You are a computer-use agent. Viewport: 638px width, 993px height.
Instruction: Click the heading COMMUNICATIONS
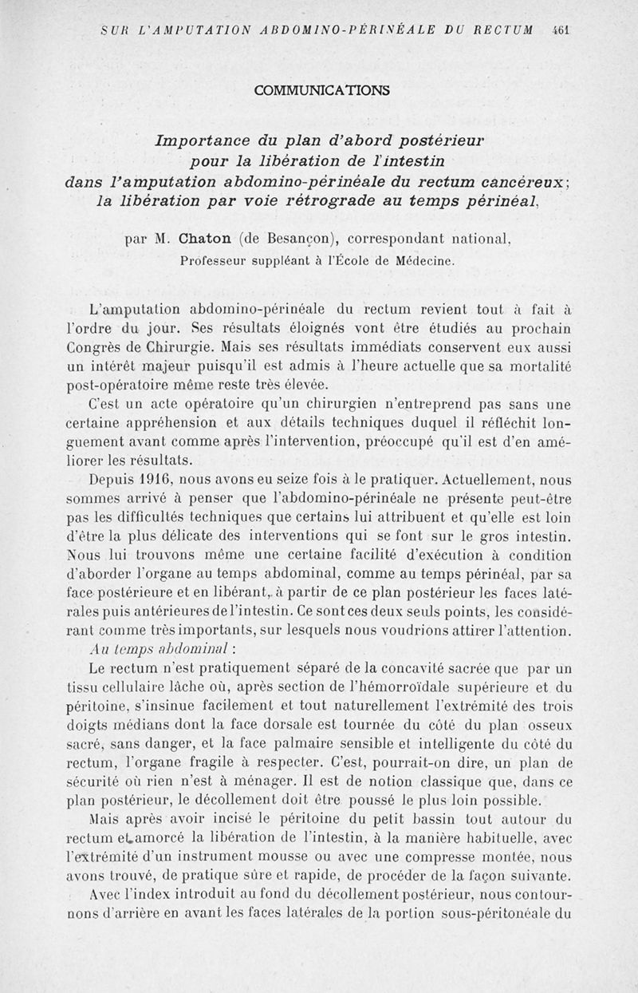click(322, 90)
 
